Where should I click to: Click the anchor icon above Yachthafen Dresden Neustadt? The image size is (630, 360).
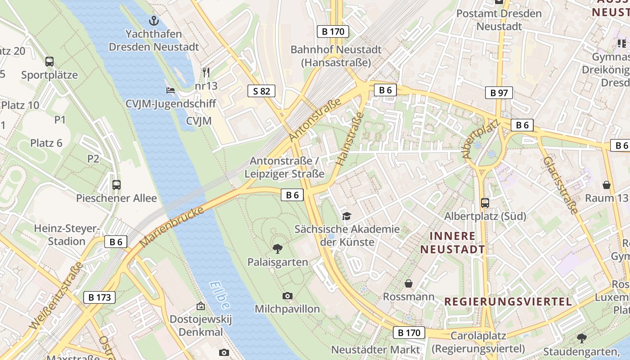click(154, 20)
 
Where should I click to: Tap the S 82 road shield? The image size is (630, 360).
click(261, 91)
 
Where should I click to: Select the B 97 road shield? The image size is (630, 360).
click(499, 93)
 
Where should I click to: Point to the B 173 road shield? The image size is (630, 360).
click(99, 297)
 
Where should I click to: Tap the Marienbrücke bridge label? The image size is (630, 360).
click(172, 226)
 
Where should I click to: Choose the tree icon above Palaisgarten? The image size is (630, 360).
click(278, 248)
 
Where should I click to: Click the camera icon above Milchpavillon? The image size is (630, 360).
click(288, 296)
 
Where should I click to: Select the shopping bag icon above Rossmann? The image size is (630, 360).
click(409, 283)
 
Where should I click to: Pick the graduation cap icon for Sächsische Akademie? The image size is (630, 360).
click(346, 216)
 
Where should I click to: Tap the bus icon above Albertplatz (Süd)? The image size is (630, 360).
click(485, 202)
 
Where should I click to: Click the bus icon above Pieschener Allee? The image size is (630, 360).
click(116, 184)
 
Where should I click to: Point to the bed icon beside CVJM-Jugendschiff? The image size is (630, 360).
click(171, 90)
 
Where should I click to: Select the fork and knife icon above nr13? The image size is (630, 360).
click(206, 72)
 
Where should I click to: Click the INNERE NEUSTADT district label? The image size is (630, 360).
click(453, 243)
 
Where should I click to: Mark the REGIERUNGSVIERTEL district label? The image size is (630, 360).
click(508, 301)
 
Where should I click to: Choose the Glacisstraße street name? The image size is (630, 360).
click(560, 185)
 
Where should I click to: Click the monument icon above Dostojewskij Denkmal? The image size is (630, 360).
click(200, 306)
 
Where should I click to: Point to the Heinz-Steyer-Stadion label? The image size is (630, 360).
click(67, 235)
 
